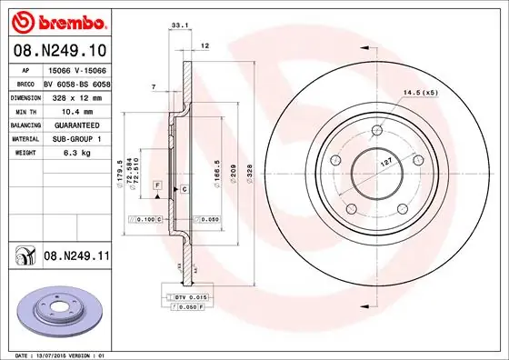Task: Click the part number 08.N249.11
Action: pyautogui.click(x=76, y=257)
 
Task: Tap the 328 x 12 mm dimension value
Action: pyautogui.click(x=75, y=95)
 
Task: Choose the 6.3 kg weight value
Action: pyautogui.click(x=75, y=153)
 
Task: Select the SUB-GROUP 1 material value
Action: pyautogui.click(x=75, y=138)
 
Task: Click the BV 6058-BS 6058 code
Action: pyautogui.click(x=75, y=82)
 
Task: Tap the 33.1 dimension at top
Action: pyautogui.click(x=180, y=27)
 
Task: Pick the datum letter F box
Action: pyautogui.click(x=157, y=185)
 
